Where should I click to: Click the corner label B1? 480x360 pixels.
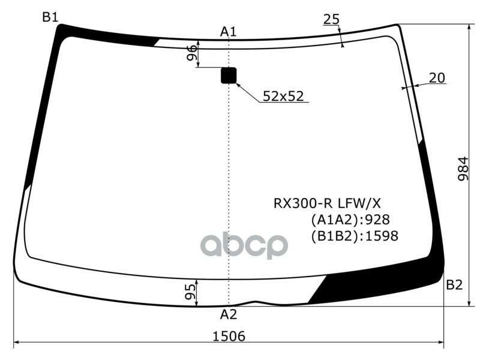point(50,17)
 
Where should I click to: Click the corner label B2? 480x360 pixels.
point(454,285)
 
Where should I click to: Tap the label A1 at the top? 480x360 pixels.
point(229,31)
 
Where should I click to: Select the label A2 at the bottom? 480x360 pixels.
point(229,314)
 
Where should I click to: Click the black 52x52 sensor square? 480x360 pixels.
point(229,76)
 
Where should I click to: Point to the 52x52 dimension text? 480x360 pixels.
point(284,95)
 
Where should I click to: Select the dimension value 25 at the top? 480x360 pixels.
point(331,19)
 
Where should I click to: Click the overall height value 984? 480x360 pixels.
point(463,170)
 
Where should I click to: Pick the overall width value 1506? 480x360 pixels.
point(229,337)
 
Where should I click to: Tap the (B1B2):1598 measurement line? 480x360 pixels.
point(354,236)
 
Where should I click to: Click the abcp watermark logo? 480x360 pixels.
point(244,245)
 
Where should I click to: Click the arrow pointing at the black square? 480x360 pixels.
point(247,92)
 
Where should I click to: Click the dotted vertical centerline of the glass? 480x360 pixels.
point(229,180)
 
